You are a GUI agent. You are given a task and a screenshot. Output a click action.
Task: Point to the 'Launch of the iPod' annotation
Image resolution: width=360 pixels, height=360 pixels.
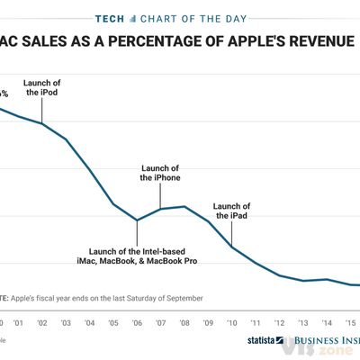(x=44, y=87)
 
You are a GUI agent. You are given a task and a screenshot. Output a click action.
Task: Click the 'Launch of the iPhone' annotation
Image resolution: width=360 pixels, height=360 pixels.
(x=160, y=173)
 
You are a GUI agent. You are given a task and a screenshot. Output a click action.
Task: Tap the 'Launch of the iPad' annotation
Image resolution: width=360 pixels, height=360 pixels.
(x=232, y=211)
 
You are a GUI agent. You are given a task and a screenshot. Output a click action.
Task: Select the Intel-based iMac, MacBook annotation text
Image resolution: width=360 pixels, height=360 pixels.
(x=143, y=255)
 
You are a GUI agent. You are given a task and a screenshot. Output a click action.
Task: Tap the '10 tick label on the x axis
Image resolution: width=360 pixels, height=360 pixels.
(x=231, y=322)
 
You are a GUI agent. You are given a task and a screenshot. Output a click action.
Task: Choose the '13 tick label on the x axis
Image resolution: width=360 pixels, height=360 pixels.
(x=302, y=322)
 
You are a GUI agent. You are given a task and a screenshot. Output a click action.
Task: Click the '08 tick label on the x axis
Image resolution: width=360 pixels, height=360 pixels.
(x=184, y=322)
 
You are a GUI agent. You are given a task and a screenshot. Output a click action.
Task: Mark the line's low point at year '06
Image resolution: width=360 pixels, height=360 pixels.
(x=137, y=220)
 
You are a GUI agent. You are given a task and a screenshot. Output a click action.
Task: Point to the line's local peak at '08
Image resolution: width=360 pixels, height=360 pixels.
(x=184, y=206)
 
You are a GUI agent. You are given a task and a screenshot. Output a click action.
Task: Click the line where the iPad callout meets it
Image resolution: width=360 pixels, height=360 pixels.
(x=231, y=246)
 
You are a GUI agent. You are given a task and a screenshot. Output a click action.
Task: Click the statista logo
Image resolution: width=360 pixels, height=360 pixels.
(x=263, y=342)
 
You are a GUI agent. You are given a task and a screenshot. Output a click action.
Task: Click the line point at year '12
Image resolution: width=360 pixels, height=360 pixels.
(x=279, y=275)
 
